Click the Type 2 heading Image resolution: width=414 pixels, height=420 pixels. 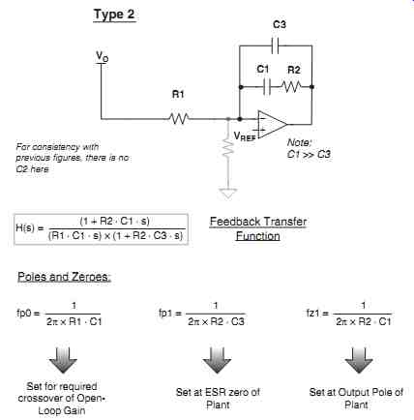point(114,15)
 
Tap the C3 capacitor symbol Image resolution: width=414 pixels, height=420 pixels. point(276,45)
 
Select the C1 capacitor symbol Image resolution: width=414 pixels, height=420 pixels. point(267,87)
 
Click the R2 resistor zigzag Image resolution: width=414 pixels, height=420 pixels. point(291,86)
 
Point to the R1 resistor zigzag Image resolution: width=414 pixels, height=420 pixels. point(179,119)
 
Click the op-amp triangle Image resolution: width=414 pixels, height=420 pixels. point(272,124)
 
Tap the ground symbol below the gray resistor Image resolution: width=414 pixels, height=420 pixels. point(228,194)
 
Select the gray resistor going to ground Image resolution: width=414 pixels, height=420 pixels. point(228,148)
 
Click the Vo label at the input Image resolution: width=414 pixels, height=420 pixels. point(103,57)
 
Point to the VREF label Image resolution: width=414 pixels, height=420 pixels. point(245,136)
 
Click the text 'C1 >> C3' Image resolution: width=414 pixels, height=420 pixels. point(309,154)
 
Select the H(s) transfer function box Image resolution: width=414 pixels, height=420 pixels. point(101,229)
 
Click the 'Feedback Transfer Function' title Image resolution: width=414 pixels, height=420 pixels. point(258,228)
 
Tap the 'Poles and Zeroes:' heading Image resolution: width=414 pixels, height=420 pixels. point(64,277)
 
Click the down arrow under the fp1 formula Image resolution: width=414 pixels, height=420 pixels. point(217,360)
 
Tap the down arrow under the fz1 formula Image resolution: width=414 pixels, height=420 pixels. point(359,360)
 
